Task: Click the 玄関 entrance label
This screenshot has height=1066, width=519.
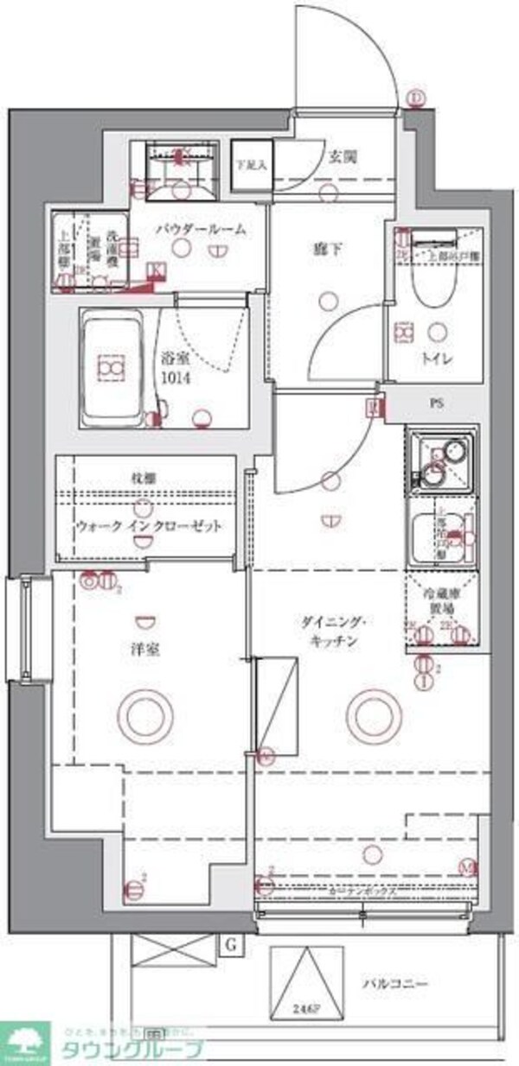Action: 343,158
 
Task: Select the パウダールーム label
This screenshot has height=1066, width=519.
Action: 201,229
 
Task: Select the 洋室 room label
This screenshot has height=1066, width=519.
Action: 144,648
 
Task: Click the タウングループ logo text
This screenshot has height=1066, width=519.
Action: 130,1049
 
